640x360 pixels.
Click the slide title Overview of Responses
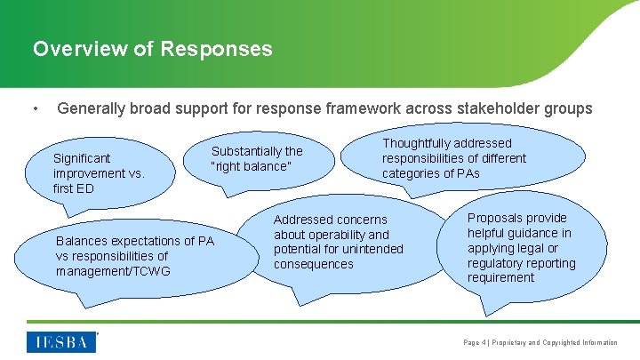(x=152, y=48)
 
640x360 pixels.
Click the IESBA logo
(x=62, y=342)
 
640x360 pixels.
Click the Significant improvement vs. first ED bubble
(x=98, y=173)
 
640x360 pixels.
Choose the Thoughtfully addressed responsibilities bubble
(x=453, y=157)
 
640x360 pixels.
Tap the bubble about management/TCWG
(x=134, y=255)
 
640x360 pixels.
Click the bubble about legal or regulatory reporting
(x=521, y=247)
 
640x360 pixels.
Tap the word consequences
(x=314, y=264)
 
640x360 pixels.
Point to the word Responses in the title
(x=217, y=48)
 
